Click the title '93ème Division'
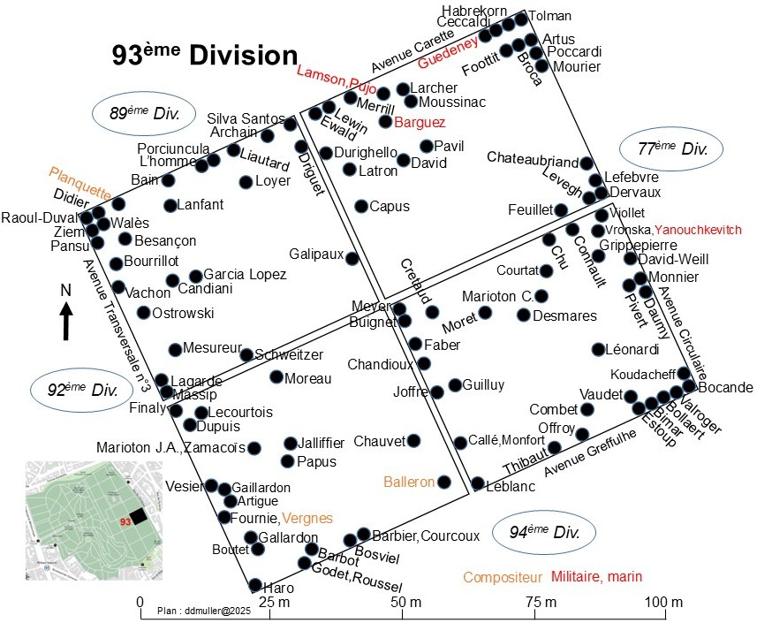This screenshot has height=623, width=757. (205, 55)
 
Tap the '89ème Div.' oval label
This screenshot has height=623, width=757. (144, 113)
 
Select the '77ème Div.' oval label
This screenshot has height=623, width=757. (671, 148)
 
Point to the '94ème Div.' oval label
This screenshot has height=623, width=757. (544, 532)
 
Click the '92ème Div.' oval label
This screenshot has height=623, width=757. (82, 390)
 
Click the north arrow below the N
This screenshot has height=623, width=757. (66, 321)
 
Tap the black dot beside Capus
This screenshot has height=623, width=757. (361, 207)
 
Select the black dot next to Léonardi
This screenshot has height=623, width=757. (598, 349)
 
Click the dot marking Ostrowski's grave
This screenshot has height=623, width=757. (143, 313)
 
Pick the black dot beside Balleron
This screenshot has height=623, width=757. (444, 482)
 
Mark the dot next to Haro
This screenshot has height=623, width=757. (255, 585)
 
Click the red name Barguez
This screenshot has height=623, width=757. (420, 123)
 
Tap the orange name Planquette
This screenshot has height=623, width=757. (80, 183)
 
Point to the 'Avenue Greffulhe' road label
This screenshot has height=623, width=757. (590, 453)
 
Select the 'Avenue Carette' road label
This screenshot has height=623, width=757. (413, 50)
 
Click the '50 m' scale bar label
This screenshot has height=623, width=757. (405, 603)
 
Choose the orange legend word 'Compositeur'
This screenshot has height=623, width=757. (503, 577)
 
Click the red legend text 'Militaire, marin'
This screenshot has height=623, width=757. (597, 576)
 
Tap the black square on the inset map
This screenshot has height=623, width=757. (139, 516)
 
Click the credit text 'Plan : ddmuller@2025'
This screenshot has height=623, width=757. (204, 611)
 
